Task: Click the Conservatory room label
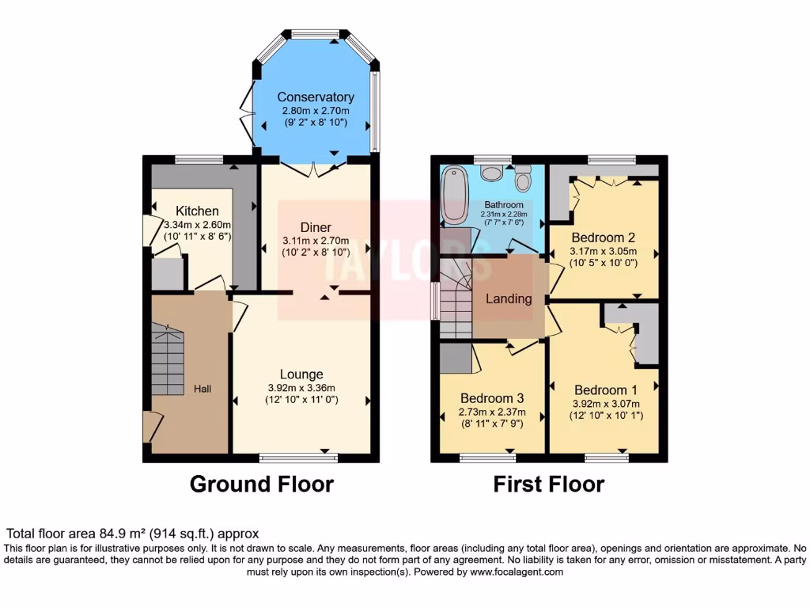(316, 97)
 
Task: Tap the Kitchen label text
(197, 211)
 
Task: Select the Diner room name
(316, 227)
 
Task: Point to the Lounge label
(301, 374)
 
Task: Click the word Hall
(203, 389)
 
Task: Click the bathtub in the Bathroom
(456, 194)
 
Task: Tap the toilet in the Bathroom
(523, 181)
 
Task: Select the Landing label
(509, 298)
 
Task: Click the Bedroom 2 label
(603, 237)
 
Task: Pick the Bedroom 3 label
(491, 398)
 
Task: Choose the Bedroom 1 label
(605, 389)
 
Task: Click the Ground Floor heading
(261, 484)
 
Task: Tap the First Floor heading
(549, 484)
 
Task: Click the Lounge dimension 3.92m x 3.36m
(301, 388)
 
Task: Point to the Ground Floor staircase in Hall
(168, 360)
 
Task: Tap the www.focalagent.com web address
(516, 572)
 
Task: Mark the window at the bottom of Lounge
(299, 457)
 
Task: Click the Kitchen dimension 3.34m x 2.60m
(197, 224)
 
